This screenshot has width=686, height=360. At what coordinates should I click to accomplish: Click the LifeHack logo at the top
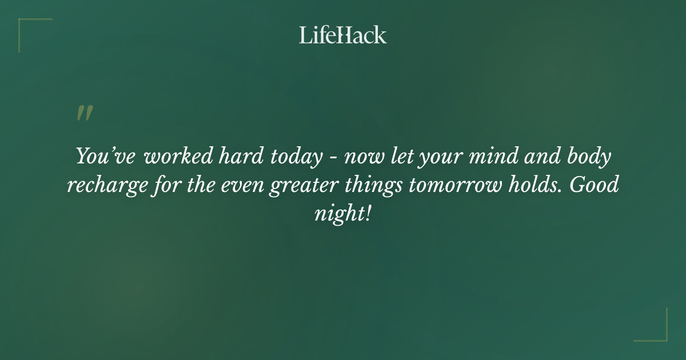(x=342, y=35)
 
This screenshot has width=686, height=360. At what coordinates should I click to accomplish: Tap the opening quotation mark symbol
(x=85, y=113)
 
